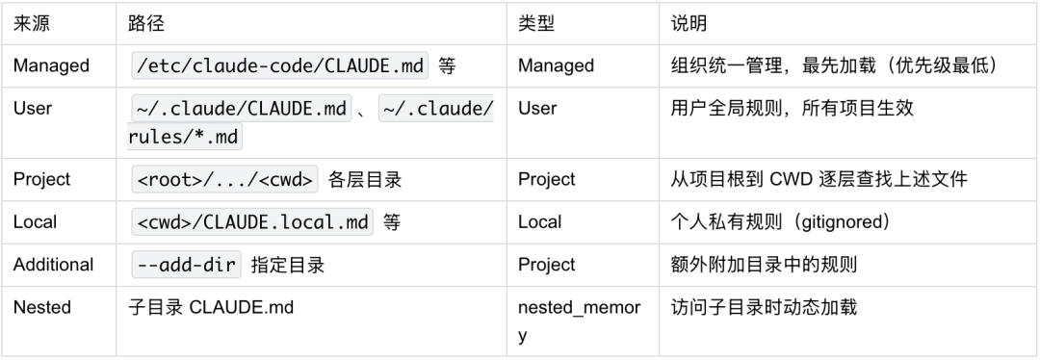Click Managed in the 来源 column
point(51,66)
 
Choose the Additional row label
point(53,265)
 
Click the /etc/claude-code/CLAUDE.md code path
point(279,66)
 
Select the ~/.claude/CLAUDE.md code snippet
point(241,109)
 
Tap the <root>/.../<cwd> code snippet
point(223,180)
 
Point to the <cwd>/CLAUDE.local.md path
point(253,222)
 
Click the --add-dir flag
point(186,265)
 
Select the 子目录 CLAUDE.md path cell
point(211,308)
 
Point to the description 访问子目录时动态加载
point(764,308)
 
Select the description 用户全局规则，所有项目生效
point(792,109)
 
